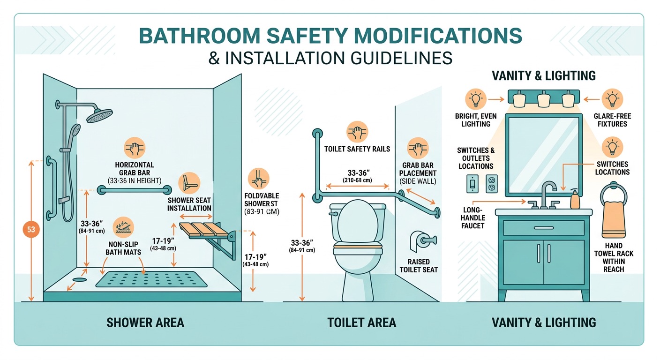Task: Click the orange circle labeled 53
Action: tap(31, 230)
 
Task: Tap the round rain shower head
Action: tap(99, 114)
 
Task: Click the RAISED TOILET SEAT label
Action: tap(419, 265)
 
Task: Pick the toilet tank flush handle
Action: tap(334, 214)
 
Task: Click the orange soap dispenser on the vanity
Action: tap(575, 200)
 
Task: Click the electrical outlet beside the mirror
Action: tap(491, 183)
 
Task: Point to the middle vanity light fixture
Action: tap(543, 99)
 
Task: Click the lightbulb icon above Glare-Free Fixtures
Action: tap(612, 99)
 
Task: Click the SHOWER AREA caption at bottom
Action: tap(145, 322)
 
